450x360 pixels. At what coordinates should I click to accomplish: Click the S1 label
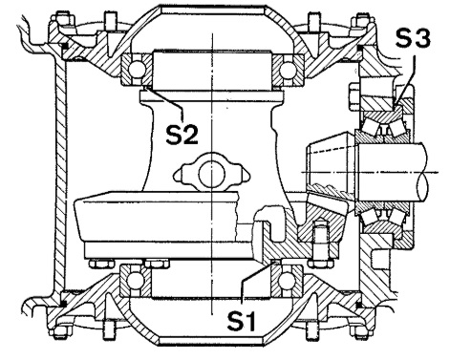coord(241,321)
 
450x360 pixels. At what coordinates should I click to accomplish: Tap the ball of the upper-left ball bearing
coord(138,69)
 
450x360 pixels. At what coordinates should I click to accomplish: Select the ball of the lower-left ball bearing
coord(136,280)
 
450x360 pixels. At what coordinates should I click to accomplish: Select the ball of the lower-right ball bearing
coord(286,280)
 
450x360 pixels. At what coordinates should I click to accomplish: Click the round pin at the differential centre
coord(212,174)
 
